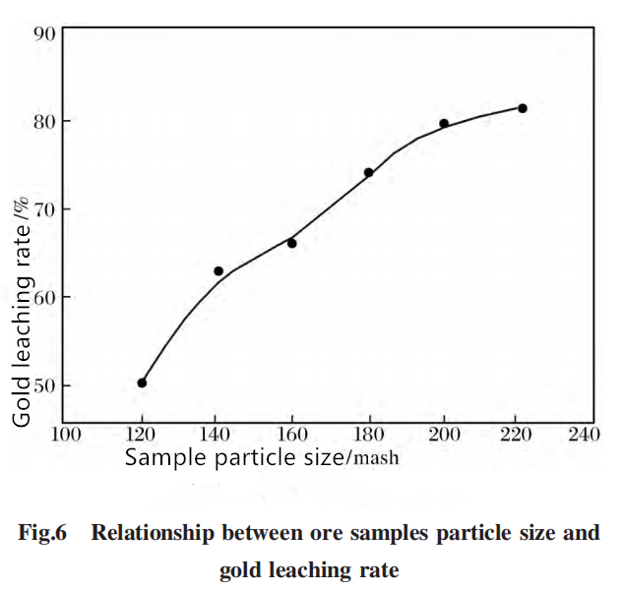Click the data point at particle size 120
142,383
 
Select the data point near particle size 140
218,271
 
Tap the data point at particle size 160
292,243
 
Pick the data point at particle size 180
369,173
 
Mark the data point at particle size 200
444,124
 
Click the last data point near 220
523,108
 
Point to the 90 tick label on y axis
44,35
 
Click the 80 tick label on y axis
44,122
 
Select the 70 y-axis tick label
44,210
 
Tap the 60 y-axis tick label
44,298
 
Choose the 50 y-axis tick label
44,385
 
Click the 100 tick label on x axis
66,435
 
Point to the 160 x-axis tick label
292,435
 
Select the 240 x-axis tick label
584,435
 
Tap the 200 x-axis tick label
444,435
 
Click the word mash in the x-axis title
376,458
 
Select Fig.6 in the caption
42,533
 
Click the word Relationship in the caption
153,533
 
